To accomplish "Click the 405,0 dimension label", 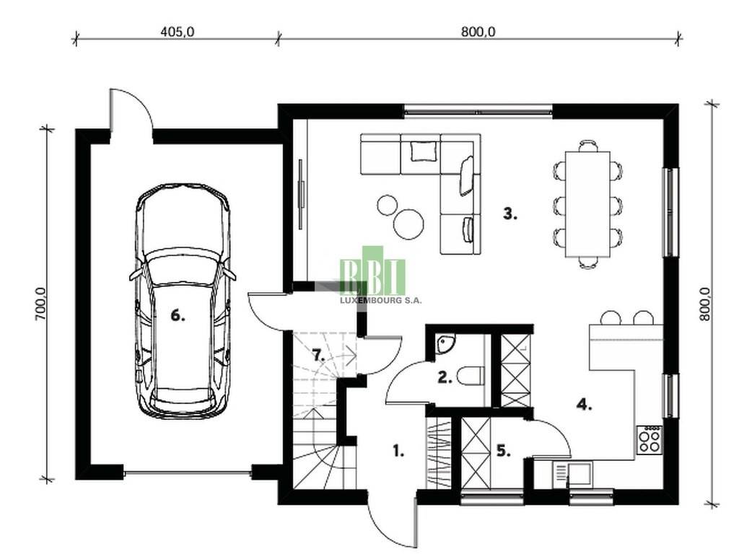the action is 178,32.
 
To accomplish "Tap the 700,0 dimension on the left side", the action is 40,304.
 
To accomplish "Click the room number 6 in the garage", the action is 178,316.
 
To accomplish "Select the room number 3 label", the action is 510,214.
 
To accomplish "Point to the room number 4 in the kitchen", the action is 585,404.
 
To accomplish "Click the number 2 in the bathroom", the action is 445,377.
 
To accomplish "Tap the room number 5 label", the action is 504,451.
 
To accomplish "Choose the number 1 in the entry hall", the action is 398,452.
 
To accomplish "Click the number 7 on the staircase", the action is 318,355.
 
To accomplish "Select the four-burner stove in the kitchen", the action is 650,440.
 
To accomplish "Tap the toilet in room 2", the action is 472,376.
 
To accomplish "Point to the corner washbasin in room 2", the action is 445,343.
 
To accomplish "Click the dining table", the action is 587,204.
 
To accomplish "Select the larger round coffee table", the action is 408,224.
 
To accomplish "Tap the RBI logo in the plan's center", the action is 372,271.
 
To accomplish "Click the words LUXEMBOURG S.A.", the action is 381,300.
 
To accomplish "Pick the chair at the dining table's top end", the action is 587,146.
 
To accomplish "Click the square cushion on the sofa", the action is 421,151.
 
